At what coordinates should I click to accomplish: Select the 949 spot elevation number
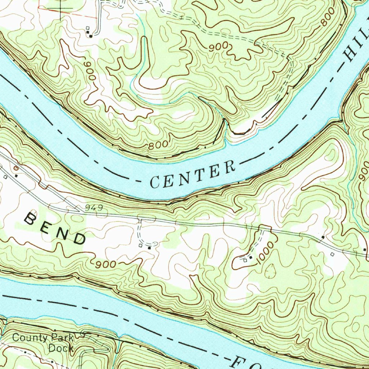tap(95, 208)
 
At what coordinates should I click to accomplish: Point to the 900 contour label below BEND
tap(106, 264)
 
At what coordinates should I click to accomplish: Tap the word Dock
tap(61, 348)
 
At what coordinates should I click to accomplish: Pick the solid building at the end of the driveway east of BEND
tap(149, 247)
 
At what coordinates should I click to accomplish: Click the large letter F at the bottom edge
tap(238, 362)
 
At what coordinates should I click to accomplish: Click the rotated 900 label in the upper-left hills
tap(90, 71)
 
